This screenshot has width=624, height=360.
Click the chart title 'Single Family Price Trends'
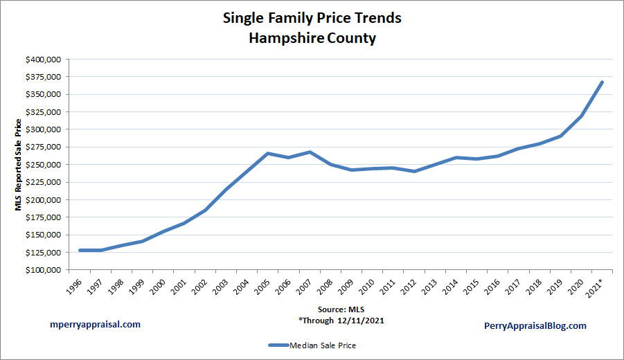pos(312,18)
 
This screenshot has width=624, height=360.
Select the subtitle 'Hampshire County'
pos(312,38)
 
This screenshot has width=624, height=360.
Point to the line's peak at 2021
pos(603,82)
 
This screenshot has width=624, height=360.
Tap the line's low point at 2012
pos(415,171)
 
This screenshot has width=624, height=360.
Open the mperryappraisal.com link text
pos(96,324)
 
